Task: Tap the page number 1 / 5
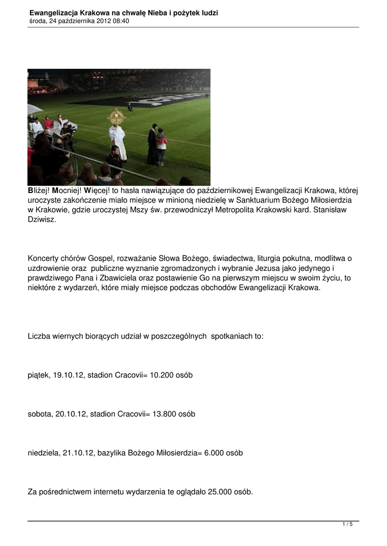347,525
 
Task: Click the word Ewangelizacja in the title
52,13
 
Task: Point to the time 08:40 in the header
120,21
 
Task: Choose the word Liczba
40,336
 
